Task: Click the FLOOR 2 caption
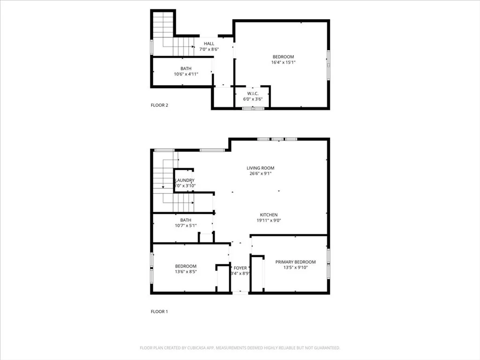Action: (159, 105)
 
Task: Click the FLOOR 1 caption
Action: (159, 311)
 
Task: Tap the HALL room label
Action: (209, 44)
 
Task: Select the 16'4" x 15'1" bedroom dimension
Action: (283, 62)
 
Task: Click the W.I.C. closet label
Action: (253, 93)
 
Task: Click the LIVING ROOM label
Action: (261, 168)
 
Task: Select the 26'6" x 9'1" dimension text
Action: (261, 173)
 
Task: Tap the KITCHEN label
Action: (269, 215)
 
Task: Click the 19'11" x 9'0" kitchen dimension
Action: (269, 220)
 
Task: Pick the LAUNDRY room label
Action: (185, 180)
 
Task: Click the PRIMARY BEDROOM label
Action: (295, 262)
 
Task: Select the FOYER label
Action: (240, 268)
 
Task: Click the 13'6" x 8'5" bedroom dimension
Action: (186, 272)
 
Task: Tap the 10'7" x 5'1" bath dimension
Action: (186, 225)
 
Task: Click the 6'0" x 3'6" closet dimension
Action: (253, 99)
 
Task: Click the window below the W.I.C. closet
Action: (253, 108)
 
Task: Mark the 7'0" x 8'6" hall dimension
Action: (209, 49)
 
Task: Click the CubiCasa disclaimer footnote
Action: (240, 348)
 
